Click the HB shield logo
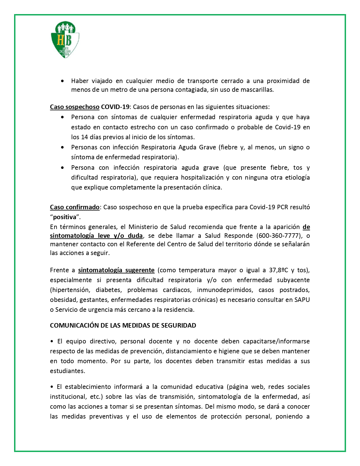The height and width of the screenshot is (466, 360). (65, 40)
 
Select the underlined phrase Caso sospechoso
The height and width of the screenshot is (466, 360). (75, 107)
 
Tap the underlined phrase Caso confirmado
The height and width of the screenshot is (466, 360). (75, 207)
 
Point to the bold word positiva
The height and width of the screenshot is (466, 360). (65, 217)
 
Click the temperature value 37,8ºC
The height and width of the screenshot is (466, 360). (278, 270)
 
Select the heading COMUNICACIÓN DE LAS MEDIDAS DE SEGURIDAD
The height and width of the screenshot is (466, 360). (123, 325)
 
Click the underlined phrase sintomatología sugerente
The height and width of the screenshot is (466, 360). (116, 270)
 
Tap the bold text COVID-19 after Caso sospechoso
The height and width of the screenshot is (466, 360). (115, 107)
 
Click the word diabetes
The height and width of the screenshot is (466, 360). (108, 290)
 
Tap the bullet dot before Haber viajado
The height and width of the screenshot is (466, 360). (62, 81)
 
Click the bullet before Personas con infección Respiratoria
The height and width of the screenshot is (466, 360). (62, 147)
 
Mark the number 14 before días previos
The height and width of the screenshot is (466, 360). (84, 137)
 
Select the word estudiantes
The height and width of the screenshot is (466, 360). (67, 371)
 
